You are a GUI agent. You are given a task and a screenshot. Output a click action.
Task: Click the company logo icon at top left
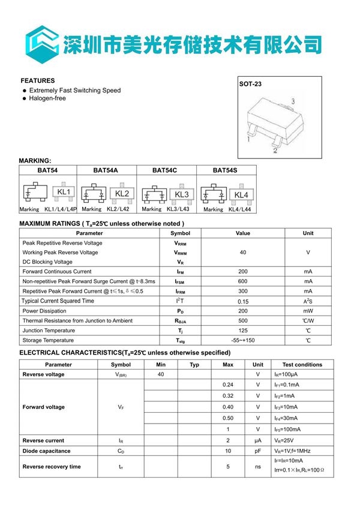tap(41, 43)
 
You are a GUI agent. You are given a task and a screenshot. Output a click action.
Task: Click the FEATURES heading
tap(38, 80)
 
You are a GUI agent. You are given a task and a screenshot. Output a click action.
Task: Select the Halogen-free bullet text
tap(47, 98)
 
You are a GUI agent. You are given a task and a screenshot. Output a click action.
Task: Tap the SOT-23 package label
tap(250, 85)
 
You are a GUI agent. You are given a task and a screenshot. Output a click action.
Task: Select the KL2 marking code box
tap(122, 194)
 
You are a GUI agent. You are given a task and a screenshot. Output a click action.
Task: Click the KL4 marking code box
tap(241, 195)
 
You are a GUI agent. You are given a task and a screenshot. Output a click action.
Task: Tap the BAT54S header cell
tap(225, 170)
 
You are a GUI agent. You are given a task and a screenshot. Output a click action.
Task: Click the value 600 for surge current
tap(242, 281)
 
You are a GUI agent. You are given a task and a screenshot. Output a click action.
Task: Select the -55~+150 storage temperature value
tap(242, 340)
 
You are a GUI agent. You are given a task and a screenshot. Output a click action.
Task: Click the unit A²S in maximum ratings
tap(307, 301)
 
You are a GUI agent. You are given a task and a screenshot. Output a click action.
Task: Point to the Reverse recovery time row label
tap(52, 466)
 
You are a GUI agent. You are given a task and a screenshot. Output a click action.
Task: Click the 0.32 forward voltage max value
tap(228, 396)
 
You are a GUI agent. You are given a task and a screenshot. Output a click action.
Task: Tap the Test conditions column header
tap(302, 364)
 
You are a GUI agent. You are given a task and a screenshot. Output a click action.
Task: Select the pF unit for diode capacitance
tap(257, 451)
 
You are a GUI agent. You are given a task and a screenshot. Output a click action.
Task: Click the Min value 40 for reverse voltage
tap(161, 374)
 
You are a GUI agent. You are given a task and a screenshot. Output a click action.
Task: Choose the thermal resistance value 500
tap(242, 321)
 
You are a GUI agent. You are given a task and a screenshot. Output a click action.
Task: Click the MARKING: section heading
tap(35, 161)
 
